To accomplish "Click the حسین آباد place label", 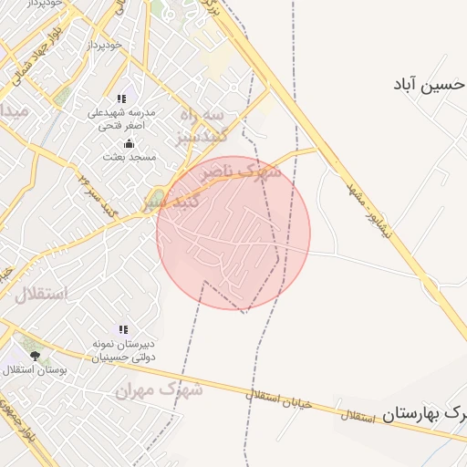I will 430,85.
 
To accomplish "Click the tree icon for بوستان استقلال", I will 35,356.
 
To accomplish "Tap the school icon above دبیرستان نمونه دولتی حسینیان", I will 123,329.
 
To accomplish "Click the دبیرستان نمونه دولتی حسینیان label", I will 124,351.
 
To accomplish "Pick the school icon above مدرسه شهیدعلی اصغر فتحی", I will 121,99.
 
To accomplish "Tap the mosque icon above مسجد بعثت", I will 129,143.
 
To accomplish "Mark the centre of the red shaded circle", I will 233,233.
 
